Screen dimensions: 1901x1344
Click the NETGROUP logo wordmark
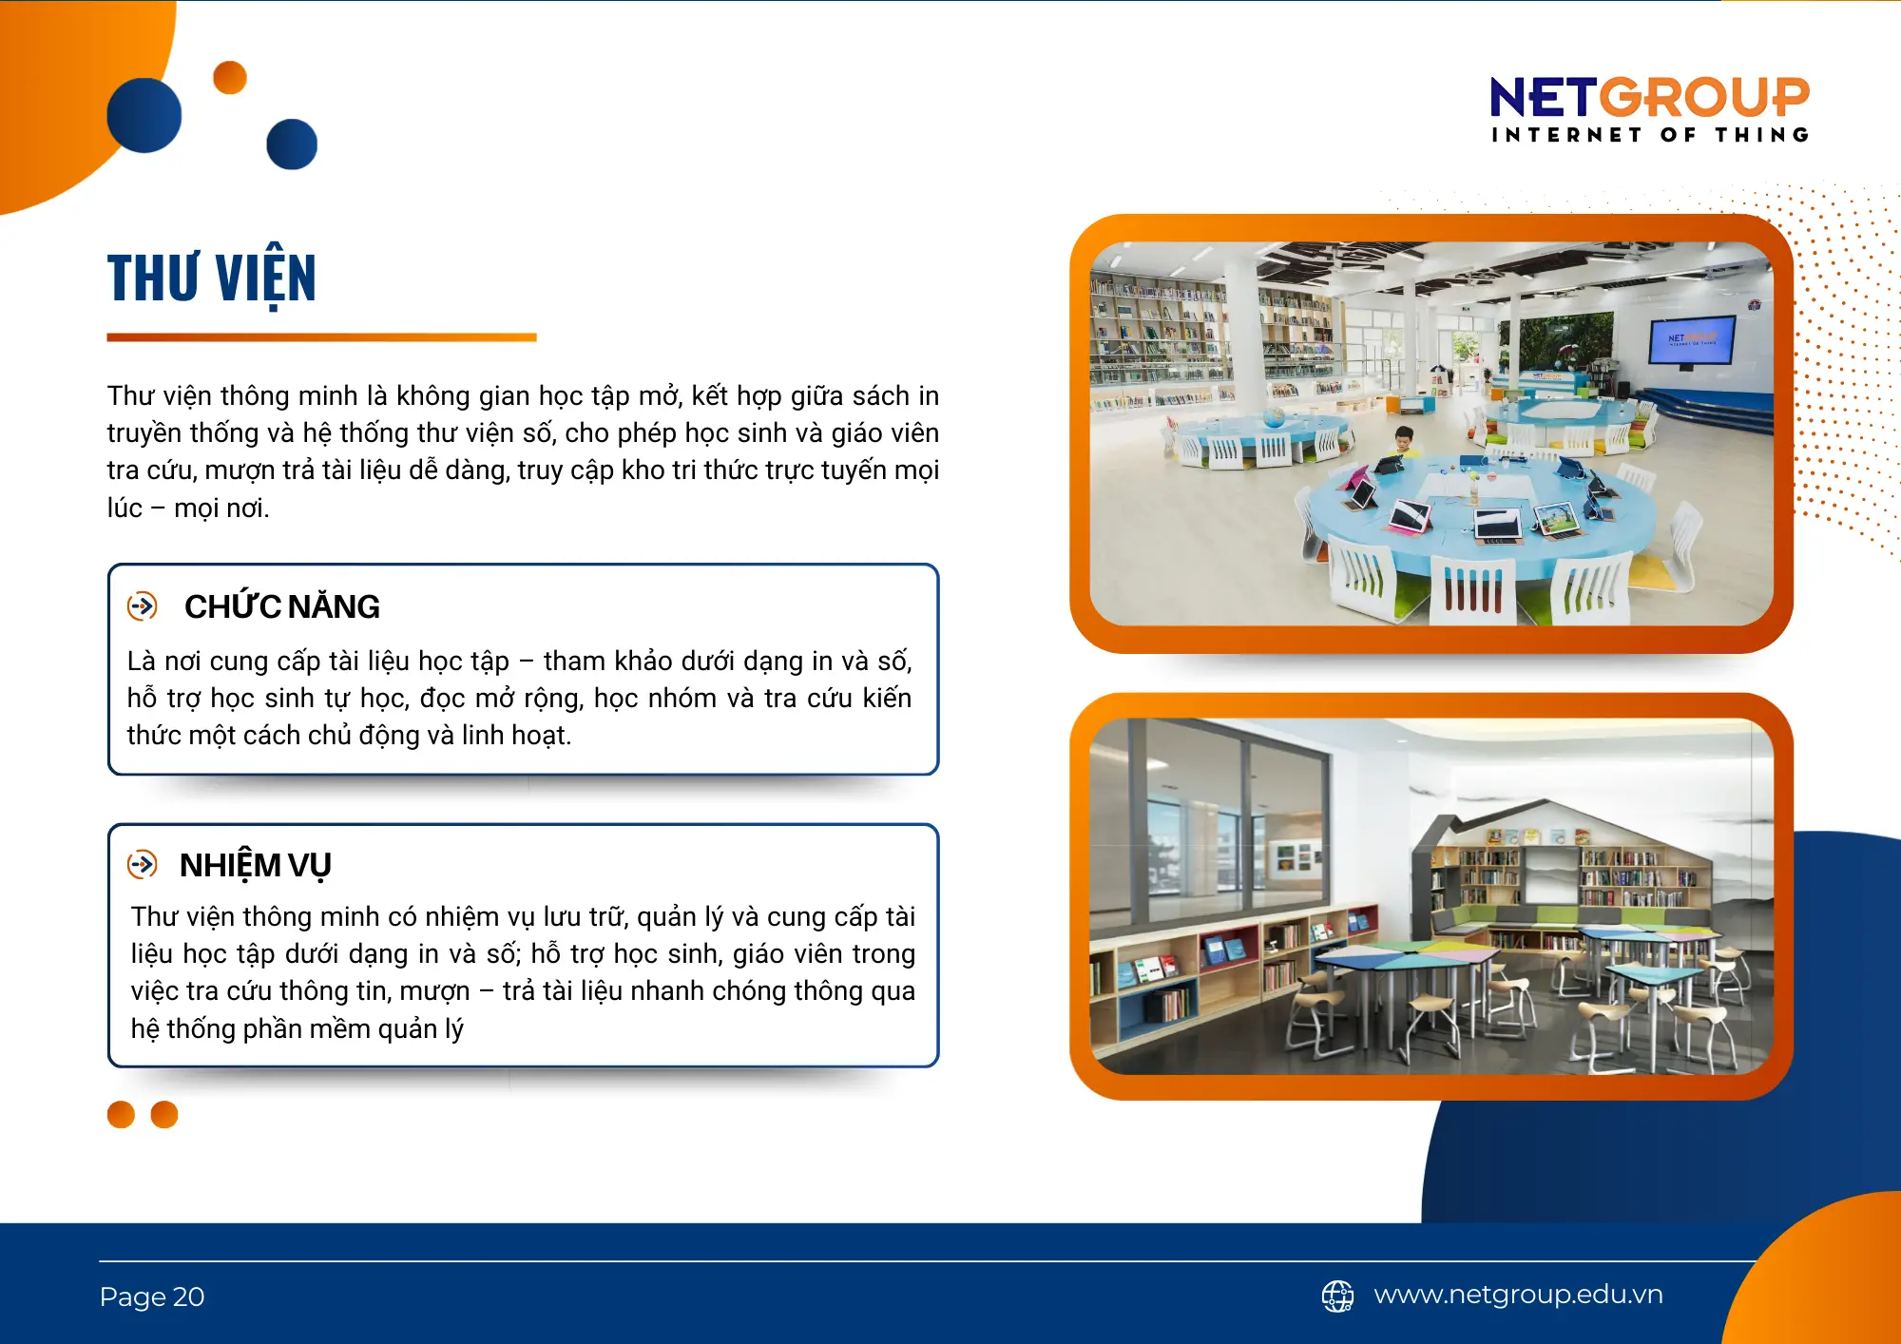(1649, 97)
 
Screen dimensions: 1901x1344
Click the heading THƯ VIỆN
(212, 278)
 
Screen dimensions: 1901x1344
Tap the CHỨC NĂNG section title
(282, 606)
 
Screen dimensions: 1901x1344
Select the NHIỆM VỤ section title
(256, 865)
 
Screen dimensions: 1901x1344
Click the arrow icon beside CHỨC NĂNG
(143, 605)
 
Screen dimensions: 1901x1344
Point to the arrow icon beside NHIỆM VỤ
(143, 864)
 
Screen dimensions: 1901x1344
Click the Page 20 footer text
(152, 1296)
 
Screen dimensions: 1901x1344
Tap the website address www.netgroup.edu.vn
(1518, 1295)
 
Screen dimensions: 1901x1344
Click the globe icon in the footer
(1337, 1296)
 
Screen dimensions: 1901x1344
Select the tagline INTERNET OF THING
(1650, 135)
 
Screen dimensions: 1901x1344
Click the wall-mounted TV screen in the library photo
(1692, 340)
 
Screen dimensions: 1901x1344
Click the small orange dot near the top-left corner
(230, 78)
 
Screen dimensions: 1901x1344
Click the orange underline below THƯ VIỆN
(321, 337)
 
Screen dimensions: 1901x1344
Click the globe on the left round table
(1274, 416)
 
